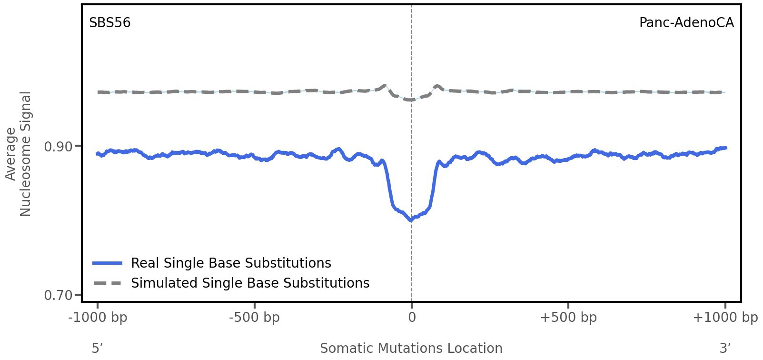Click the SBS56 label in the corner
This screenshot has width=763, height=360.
click(109, 23)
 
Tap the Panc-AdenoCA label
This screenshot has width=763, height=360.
click(686, 23)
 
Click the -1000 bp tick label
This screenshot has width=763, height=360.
click(98, 318)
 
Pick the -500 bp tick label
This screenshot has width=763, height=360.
click(254, 318)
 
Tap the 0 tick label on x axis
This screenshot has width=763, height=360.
click(412, 318)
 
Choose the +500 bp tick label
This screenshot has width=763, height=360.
click(568, 318)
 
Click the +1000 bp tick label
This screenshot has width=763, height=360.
click(725, 318)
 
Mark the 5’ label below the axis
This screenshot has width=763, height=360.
click(97, 348)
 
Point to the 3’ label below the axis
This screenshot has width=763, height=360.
click(725, 348)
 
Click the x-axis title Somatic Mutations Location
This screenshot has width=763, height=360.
click(411, 348)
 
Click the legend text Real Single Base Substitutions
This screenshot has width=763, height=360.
click(231, 263)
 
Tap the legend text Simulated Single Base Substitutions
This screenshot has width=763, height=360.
click(250, 283)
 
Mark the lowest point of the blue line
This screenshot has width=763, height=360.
click(411, 220)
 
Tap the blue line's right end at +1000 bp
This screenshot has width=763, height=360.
click(725, 148)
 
